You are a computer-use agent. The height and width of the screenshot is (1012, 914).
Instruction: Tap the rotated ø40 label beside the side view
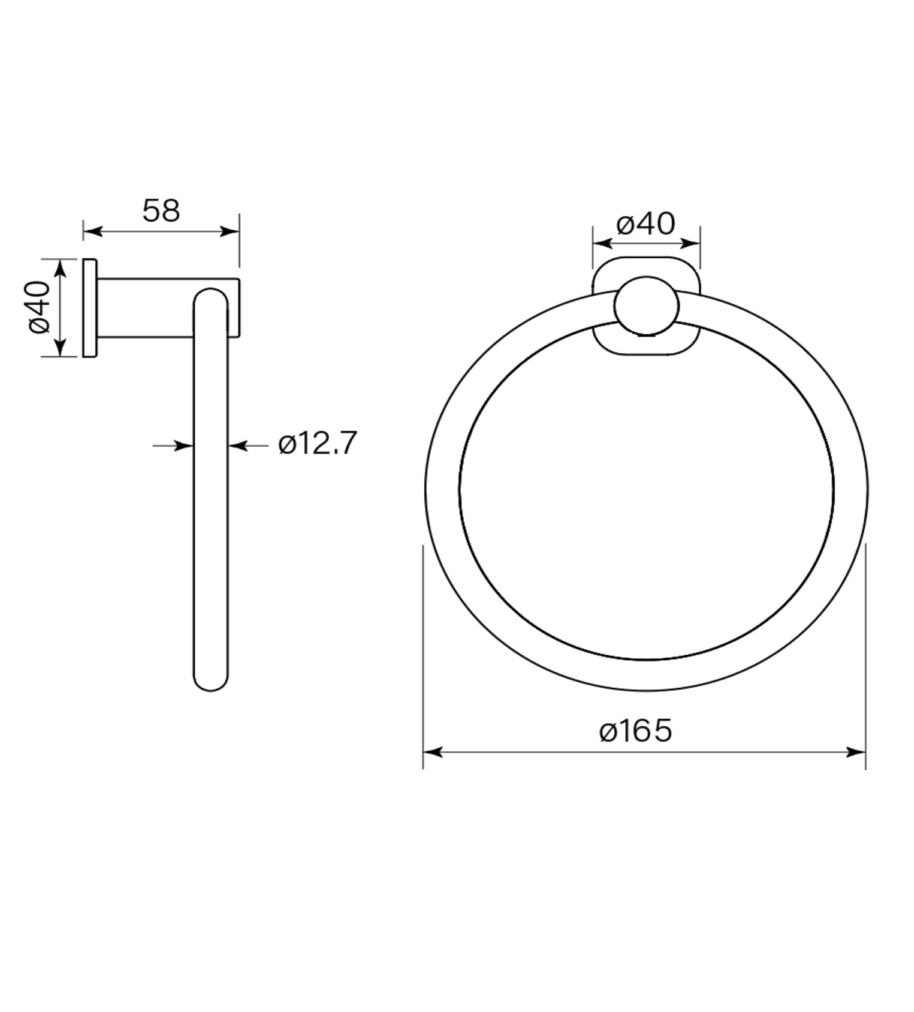(40, 307)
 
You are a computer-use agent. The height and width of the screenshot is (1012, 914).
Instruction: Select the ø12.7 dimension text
(317, 443)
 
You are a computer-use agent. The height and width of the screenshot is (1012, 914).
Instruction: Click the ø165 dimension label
(635, 730)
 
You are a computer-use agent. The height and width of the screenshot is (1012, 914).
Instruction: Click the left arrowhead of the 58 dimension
(93, 232)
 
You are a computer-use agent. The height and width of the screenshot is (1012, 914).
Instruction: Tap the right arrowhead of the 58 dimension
(229, 232)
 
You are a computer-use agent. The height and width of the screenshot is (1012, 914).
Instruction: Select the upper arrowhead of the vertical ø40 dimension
(60, 268)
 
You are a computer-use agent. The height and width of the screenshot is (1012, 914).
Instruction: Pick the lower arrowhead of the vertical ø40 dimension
(60, 347)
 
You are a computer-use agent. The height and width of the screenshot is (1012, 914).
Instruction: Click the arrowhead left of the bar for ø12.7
(184, 445)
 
